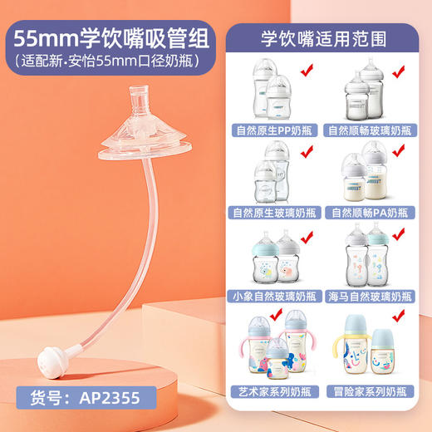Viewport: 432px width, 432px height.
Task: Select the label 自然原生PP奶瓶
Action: [276, 130]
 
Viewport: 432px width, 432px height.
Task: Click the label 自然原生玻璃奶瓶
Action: [276, 213]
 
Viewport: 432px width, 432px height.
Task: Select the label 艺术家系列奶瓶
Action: [276, 390]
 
